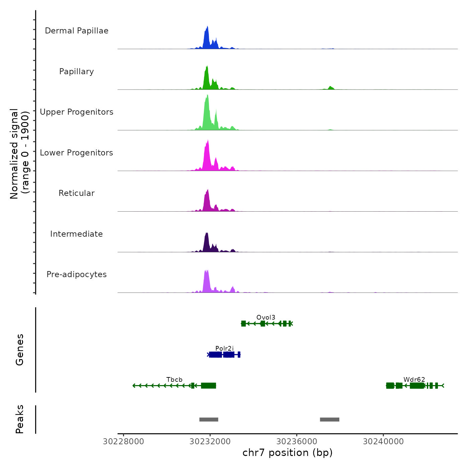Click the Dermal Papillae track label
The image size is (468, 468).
(x=77, y=31)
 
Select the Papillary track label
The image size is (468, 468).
(x=77, y=72)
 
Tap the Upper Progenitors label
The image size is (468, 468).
(x=77, y=112)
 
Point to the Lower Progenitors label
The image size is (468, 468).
(x=77, y=153)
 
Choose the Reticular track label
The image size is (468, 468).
(x=77, y=193)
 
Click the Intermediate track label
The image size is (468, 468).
(x=77, y=234)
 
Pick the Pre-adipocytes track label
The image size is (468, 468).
(x=77, y=274)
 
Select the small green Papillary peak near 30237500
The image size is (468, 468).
(x=331, y=88)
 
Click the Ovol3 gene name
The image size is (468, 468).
(x=266, y=317)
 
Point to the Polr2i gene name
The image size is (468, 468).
(x=224, y=349)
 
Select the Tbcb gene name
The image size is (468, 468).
(x=174, y=379)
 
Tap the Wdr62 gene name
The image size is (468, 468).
(x=414, y=379)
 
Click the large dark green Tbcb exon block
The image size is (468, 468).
(x=209, y=386)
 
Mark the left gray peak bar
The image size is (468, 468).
(x=209, y=420)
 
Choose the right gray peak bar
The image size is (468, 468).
(x=330, y=420)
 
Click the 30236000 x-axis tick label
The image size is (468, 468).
(x=297, y=442)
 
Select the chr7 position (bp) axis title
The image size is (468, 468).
(x=287, y=453)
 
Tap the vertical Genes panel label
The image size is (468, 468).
(x=20, y=350)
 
